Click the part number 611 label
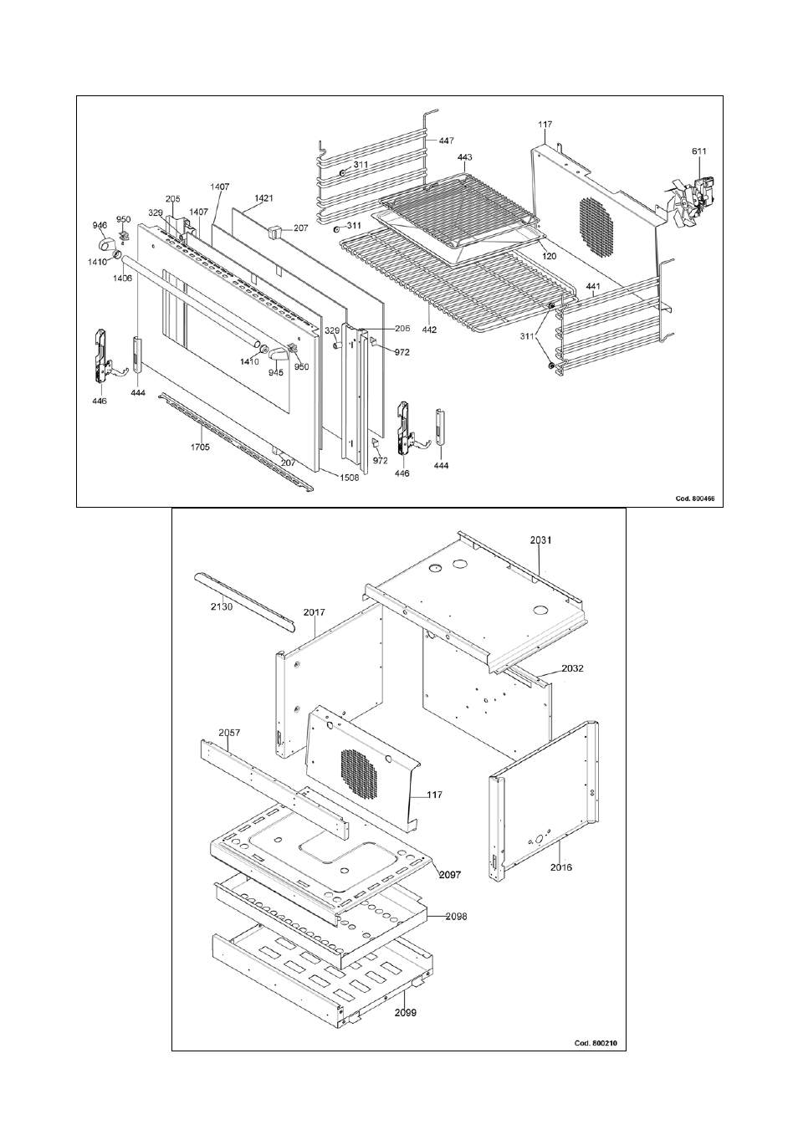pos(698,151)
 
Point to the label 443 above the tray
pos(465,157)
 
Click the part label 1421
pos(263,198)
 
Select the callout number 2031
pos(541,540)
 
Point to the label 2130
pos(221,606)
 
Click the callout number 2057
pos(229,732)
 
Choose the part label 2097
pos(448,874)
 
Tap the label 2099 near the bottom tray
pos(406,1012)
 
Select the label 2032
pos(550,669)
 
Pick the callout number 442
pos(428,330)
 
